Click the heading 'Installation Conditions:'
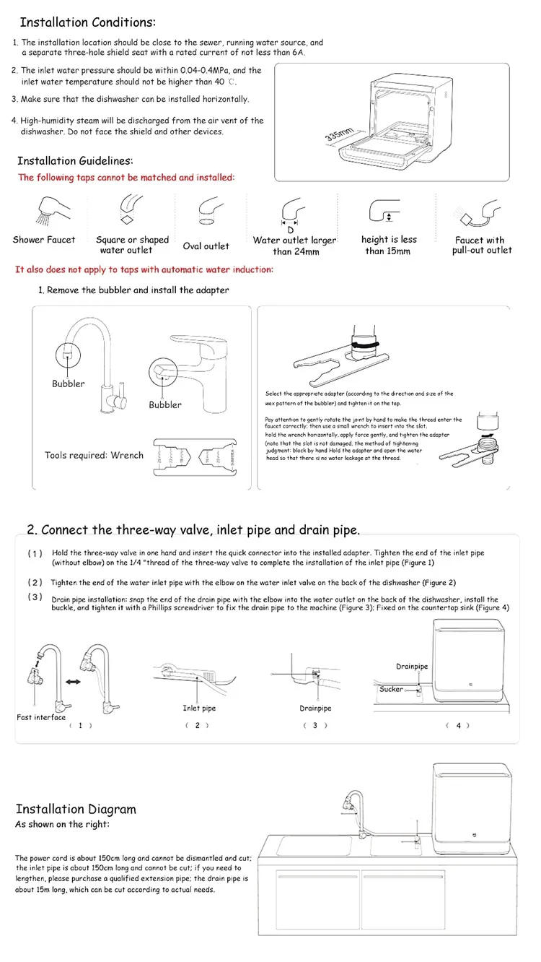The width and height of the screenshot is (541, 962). click(87, 22)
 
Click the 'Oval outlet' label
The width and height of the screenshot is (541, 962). click(206, 246)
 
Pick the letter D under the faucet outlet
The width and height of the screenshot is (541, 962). click(291, 230)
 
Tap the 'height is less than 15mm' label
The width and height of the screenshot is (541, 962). click(389, 245)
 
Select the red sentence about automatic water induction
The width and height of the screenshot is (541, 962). click(144, 269)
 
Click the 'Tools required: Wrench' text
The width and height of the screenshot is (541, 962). click(94, 455)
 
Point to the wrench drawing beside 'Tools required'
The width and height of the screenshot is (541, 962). click(197, 457)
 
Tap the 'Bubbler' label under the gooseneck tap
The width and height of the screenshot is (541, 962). click(68, 383)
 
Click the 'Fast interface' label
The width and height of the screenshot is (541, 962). click(41, 717)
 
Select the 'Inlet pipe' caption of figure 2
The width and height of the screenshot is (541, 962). click(199, 708)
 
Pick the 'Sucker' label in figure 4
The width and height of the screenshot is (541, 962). click(391, 689)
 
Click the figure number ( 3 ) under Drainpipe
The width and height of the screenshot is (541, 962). click(315, 725)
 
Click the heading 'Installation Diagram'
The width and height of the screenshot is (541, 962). click(76, 809)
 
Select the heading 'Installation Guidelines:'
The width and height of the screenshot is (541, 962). click(75, 161)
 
